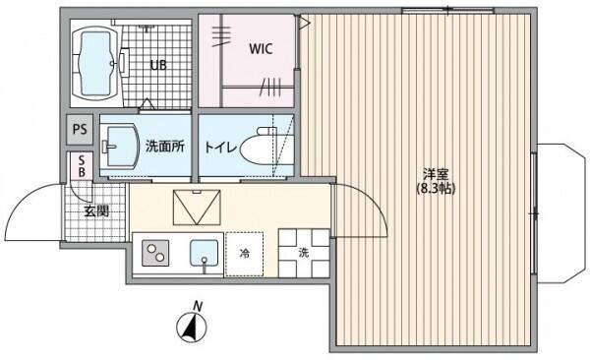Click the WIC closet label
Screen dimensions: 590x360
point(261,49)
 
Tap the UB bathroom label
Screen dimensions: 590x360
point(158,65)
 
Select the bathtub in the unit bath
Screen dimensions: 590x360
point(94,64)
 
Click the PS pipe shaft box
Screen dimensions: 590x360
point(80,130)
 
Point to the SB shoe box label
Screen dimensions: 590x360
point(82,166)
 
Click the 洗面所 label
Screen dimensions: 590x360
point(165,147)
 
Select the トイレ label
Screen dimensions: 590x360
point(220,147)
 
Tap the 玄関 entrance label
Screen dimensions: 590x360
point(96,211)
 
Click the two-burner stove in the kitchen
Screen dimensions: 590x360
point(155,253)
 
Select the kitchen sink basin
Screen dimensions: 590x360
point(204,253)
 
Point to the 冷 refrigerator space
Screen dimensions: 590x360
point(244,254)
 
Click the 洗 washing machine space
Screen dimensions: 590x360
point(304,253)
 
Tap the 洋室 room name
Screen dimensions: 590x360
point(436,174)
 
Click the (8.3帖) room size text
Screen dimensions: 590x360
point(436,188)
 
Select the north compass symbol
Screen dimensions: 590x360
point(192,327)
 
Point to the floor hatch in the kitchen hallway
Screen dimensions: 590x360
point(197,208)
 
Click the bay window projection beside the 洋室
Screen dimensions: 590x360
point(560,213)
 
